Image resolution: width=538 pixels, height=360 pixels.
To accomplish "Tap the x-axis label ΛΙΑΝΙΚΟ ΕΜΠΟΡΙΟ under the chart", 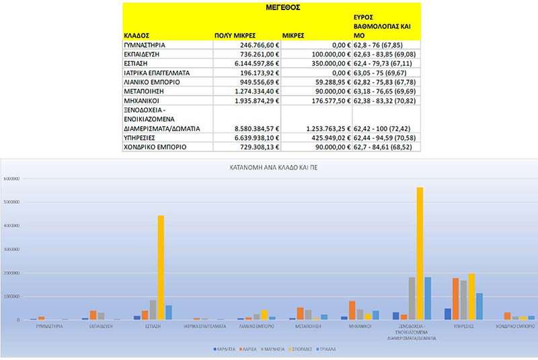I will [x=256, y=326].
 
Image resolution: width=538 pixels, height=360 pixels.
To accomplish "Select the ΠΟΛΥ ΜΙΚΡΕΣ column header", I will [x=235, y=34].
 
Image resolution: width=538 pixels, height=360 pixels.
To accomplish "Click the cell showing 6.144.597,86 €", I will [x=247, y=64].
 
